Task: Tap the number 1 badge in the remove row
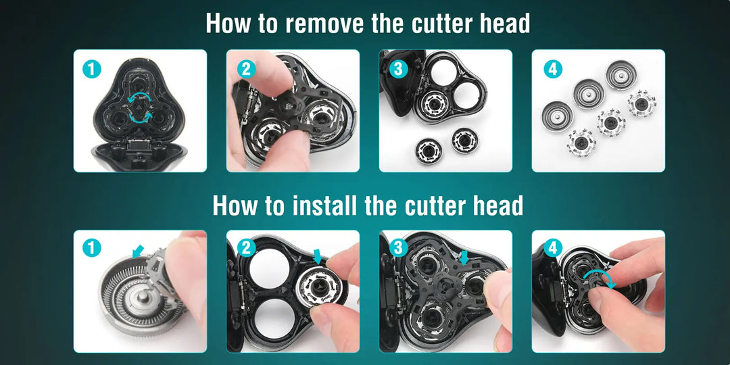click(x=92, y=70)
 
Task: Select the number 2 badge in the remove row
click(x=246, y=70)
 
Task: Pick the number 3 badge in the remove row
click(x=398, y=70)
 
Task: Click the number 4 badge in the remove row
click(x=553, y=70)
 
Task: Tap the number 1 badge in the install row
click(x=92, y=248)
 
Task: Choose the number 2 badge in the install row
click(x=246, y=248)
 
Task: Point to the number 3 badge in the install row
click(x=398, y=248)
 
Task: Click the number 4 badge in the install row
click(x=553, y=248)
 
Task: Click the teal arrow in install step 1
click(x=138, y=252)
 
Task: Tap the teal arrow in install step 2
click(x=318, y=256)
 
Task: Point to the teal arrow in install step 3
click(x=464, y=258)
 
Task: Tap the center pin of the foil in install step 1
click(x=143, y=297)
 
